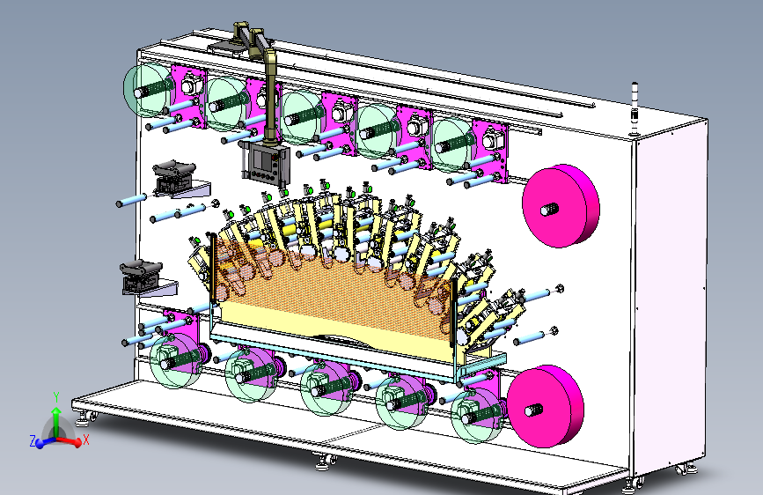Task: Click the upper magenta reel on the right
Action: click(x=561, y=205)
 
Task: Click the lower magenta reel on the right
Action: click(x=545, y=406)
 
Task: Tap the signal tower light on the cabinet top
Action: click(x=635, y=109)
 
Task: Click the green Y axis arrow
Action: click(x=56, y=415)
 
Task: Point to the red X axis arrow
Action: click(x=71, y=441)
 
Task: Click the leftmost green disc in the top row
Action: click(x=148, y=91)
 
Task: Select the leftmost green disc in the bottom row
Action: click(x=175, y=360)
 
